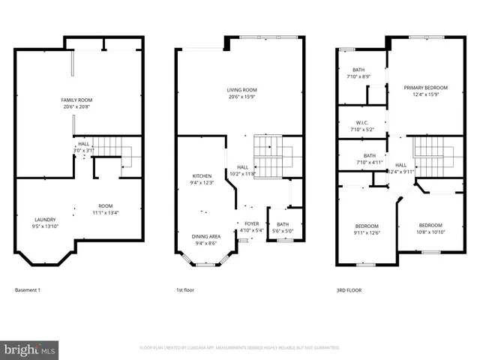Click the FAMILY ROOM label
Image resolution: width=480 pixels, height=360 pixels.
[76, 100]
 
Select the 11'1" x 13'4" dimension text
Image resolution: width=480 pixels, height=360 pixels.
[106, 212]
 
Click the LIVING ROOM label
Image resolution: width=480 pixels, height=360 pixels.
[242, 91]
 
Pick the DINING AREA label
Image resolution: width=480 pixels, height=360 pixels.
[205, 235]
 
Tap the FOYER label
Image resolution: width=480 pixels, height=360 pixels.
[252, 223]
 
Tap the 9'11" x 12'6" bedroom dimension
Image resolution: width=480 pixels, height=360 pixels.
[367, 232]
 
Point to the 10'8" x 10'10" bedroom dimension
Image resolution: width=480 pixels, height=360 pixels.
[430, 232]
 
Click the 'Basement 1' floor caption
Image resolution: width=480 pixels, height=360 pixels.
[28, 289]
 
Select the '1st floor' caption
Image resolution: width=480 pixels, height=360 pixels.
[186, 289]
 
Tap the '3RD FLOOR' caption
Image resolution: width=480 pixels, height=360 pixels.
[349, 289]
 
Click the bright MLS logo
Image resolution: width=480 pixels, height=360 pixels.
[30, 349]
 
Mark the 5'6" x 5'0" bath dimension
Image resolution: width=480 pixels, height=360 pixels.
[282, 230]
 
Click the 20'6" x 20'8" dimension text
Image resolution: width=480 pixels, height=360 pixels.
[76, 106]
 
